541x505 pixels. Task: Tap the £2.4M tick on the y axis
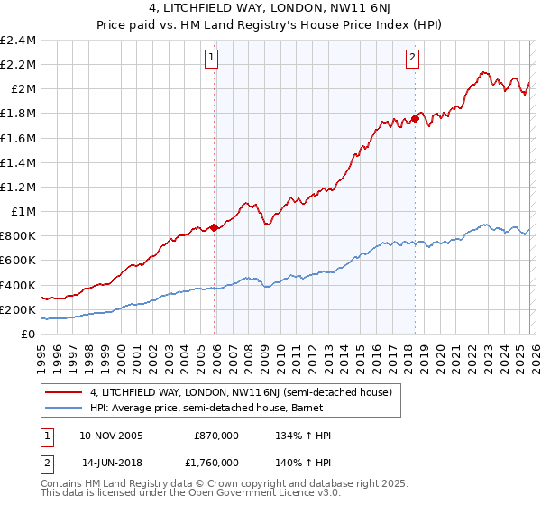[x=18, y=41]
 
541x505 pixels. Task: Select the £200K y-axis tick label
[x=18, y=309]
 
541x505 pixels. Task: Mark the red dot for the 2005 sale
[x=214, y=227]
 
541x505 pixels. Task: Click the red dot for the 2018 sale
[x=415, y=118]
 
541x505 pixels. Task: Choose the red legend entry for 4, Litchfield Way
[x=240, y=392]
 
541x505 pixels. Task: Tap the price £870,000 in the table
[x=216, y=436]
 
